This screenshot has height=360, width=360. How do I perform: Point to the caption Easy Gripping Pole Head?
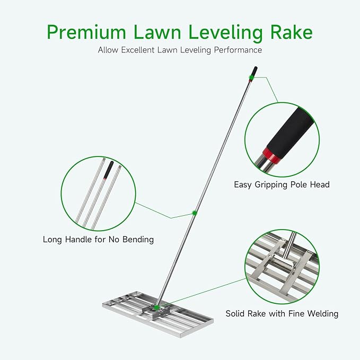point(282,185)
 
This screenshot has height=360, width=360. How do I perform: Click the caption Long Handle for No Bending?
point(98,240)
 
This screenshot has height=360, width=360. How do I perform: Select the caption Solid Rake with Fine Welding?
point(282,313)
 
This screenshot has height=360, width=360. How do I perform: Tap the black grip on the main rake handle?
point(254,72)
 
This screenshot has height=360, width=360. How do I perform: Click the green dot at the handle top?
point(251,78)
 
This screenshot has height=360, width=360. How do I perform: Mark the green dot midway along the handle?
point(195,213)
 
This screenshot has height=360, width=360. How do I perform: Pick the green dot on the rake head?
point(157,308)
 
